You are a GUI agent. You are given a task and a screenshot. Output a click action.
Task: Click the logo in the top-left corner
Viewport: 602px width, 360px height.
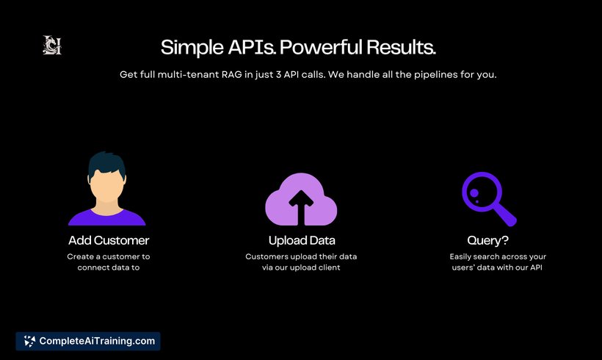click(x=52, y=45)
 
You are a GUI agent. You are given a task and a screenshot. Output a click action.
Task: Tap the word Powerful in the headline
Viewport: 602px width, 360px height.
click(x=321, y=47)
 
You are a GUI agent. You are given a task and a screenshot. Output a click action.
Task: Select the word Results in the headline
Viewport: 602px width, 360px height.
click(x=401, y=47)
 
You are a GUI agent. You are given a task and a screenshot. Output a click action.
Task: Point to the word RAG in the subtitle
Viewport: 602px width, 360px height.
click(x=231, y=74)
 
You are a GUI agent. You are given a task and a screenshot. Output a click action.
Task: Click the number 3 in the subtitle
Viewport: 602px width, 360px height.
click(x=278, y=74)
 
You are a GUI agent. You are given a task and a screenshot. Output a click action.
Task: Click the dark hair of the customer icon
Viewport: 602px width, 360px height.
click(x=106, y=163)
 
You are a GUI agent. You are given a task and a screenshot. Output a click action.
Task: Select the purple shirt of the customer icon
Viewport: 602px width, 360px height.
click(x=106, y=217)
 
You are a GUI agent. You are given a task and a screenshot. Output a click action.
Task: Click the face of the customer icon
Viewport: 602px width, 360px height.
click(x=107, y=186)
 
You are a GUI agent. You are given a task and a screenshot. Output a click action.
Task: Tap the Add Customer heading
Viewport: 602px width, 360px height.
click(x=109, y=240)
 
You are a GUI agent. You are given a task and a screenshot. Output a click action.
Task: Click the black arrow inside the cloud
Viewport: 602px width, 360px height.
click(x=301, y=207)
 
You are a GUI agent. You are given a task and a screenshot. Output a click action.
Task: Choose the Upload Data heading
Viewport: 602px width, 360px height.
click(x=302, y=240)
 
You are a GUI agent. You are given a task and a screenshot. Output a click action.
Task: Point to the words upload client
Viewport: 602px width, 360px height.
click(x=315, y=267)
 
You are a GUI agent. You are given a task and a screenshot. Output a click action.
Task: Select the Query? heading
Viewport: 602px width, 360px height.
click(x=487, y=240)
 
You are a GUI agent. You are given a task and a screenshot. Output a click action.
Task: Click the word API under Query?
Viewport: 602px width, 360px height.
click(x=536, y=267)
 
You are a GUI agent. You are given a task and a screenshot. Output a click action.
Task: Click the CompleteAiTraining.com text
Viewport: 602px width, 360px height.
click(x=97, y=341)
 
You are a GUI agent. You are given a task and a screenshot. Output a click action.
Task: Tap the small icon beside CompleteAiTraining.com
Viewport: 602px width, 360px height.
click(x=29, y=341)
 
